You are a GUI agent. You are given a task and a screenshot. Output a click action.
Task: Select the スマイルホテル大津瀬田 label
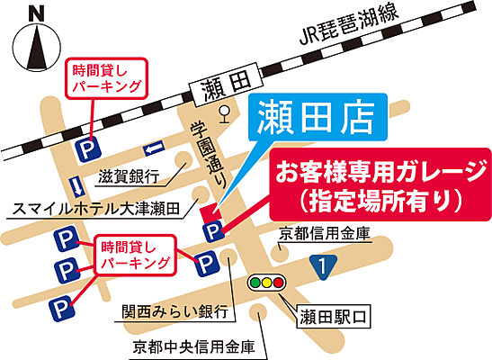click(x=99, y=208)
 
